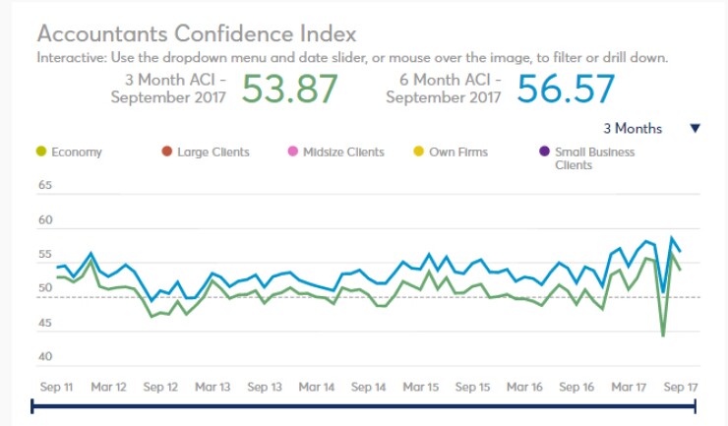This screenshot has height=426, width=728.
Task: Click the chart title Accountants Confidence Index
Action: pos(197,34)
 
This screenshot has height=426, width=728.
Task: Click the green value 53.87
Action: pos(289,90)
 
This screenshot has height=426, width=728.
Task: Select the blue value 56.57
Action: pos(566,90)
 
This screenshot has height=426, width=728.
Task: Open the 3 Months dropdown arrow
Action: pos(695,128)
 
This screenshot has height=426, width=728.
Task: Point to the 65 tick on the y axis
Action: pos(45,185)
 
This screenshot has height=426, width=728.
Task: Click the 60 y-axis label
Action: pos(45,220)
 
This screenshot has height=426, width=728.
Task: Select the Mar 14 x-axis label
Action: pos(316,388)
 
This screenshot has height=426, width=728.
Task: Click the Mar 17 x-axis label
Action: pos(627,388)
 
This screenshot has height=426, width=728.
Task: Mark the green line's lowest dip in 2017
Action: pos(663,336)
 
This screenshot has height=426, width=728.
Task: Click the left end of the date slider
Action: pos(32,404)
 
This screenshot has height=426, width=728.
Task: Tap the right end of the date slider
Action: pos(696,404)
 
